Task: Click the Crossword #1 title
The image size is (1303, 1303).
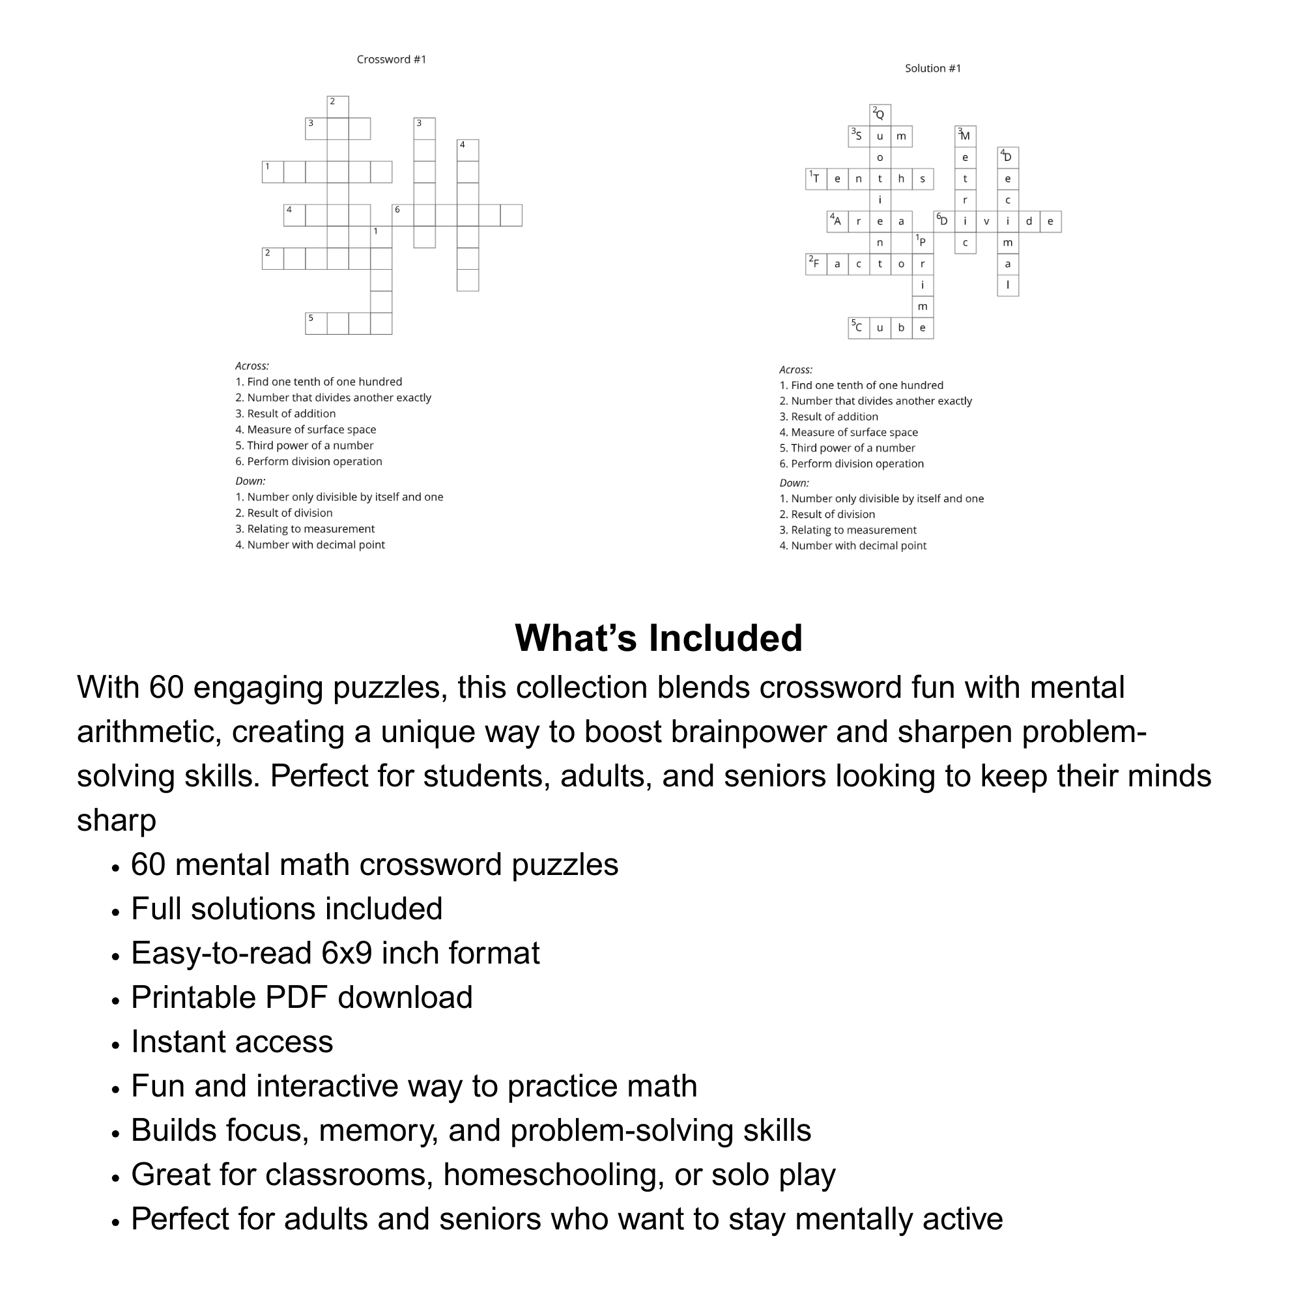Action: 391,59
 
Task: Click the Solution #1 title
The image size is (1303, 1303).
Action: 933,68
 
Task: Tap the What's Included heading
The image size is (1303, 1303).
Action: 658,637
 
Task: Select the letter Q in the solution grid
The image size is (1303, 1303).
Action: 880,115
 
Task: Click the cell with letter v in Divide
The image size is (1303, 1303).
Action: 986,222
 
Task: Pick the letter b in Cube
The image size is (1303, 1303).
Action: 901,328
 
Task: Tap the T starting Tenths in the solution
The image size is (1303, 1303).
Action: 816,179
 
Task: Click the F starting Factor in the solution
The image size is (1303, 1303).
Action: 816,265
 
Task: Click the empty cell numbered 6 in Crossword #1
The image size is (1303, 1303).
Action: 403,215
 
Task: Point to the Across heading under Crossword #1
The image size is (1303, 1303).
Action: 251,366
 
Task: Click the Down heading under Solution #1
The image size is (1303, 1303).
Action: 794,483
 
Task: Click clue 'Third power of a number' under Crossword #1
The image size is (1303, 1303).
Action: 309,445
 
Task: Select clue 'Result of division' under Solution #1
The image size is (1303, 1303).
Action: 832,514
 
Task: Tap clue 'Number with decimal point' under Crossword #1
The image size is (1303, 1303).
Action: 315,545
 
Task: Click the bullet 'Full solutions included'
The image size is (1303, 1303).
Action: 286,909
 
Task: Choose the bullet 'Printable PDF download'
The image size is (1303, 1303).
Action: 302,997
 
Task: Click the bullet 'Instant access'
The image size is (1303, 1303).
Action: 232,1042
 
